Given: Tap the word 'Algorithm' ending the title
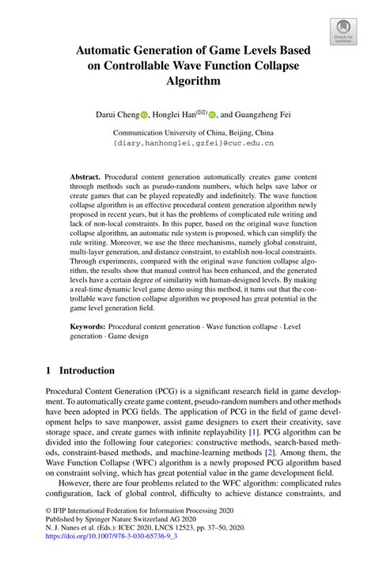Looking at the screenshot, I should [193, 81].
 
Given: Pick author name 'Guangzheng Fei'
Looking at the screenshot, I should [265, 114].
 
